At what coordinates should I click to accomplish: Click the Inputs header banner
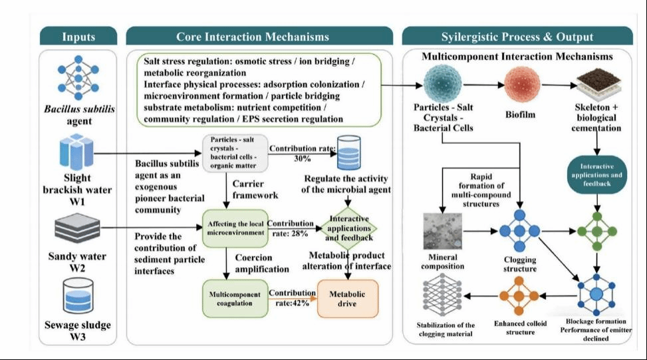pos(78,37)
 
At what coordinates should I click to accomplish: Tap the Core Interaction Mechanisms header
pos(259,37)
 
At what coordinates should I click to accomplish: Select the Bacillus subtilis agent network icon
pos(78,78)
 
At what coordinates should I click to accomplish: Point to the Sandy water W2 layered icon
pos(77,228)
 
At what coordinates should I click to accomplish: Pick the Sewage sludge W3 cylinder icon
pos(78,296)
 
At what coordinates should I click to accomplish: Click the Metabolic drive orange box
pos(347,299)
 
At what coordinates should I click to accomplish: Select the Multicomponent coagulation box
pos(235,299)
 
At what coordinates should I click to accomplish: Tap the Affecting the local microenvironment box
pos(235,228)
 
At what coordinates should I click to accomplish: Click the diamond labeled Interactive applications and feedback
pos(348,228)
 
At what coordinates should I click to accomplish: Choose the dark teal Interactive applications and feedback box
pos(596,175)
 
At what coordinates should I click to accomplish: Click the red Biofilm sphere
pos(523,85)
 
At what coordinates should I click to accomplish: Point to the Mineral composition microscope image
pos(443,232)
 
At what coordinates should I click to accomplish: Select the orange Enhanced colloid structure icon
pos(519,296)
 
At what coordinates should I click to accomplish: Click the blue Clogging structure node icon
pos(519,231)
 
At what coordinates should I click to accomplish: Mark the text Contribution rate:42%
pos(293,298)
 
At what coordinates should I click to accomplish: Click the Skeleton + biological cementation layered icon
pos(598,85)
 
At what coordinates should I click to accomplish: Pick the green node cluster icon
pos(596,231)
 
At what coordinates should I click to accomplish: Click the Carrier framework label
pos(255,190)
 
